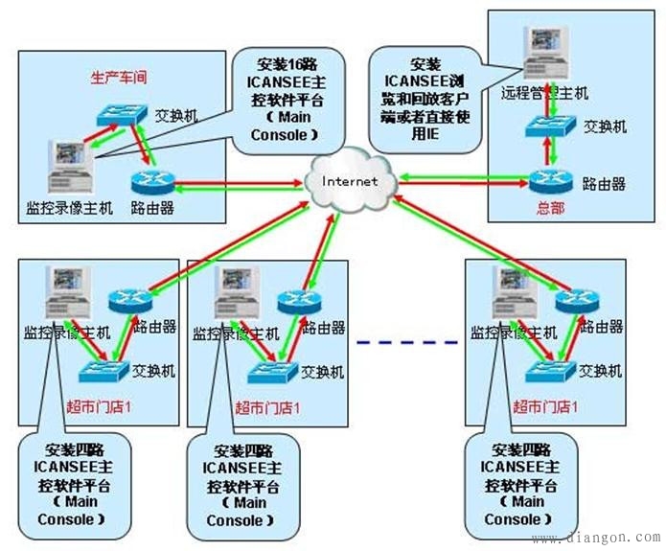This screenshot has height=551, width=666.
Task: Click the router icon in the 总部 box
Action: click(550, 178)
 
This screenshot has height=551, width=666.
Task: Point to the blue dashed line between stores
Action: click(406, 339)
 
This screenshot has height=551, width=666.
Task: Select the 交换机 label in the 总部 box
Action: click(606, 126)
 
